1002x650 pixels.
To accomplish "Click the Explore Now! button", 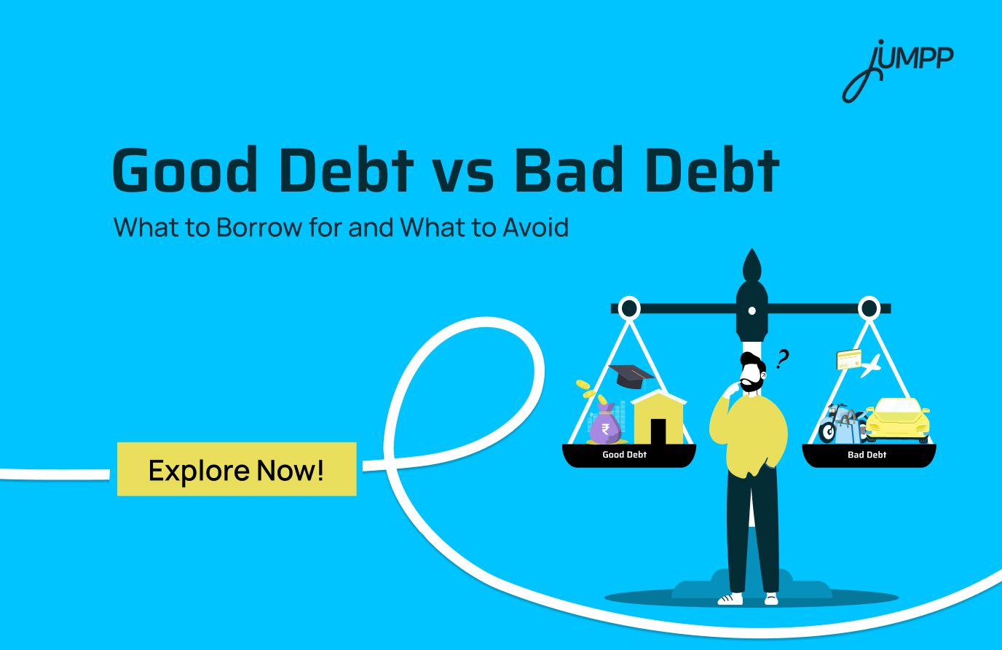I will pos(237,470).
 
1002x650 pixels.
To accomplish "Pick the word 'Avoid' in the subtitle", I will pos(535,227).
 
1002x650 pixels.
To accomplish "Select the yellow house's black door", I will pos(658,431).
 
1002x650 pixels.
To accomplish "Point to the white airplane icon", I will pos(870,365).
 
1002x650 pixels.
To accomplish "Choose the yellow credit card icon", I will pos(848,359).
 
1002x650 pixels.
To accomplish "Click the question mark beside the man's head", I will pos(782,359).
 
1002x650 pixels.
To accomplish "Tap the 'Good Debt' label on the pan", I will pos(625,455).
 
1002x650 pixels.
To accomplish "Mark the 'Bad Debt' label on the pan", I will pos(867,455).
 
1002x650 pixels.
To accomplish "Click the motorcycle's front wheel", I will pos(828,433).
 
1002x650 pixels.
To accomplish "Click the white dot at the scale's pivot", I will pos(751,311).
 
